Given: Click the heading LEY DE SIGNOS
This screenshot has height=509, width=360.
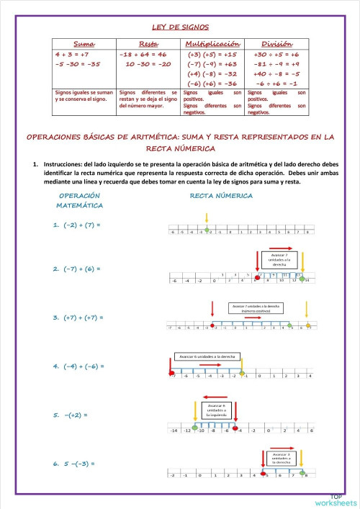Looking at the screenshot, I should pos(180,27).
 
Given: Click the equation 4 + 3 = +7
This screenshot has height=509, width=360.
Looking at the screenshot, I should pos(72,54).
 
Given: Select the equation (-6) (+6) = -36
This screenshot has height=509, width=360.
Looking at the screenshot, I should pos(212,84).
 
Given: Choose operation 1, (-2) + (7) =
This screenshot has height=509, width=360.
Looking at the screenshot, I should pos(76,225).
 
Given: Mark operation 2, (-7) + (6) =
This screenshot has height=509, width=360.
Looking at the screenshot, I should pos(76,269).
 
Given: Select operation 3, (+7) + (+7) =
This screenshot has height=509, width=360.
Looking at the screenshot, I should pos(78,317).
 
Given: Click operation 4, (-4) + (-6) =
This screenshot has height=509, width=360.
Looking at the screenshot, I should pos(78,366).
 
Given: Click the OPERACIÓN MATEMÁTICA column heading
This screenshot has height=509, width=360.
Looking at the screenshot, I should pos(79,200).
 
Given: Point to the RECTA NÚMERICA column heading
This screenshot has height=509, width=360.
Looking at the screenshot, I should pos(220,195).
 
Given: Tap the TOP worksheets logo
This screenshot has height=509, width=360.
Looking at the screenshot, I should pos(336,500).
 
